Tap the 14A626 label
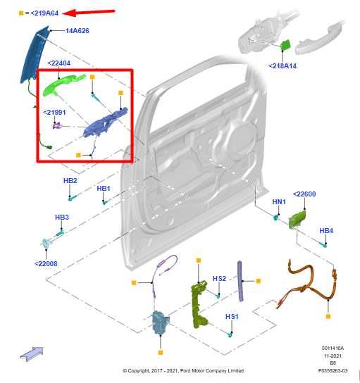tap(77, 31)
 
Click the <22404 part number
tap(60, 63)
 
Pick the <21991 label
tap(55, 112)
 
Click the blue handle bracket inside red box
tap(106, 120)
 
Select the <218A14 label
tap(282, 65)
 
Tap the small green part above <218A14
tap(287, 46)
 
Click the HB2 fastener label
tap(70, 181)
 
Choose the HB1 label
tap(104, 189)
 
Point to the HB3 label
tap(62, 217)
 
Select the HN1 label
tap(279, 202)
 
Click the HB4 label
tap(326, 230)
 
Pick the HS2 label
tap(220, 278)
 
